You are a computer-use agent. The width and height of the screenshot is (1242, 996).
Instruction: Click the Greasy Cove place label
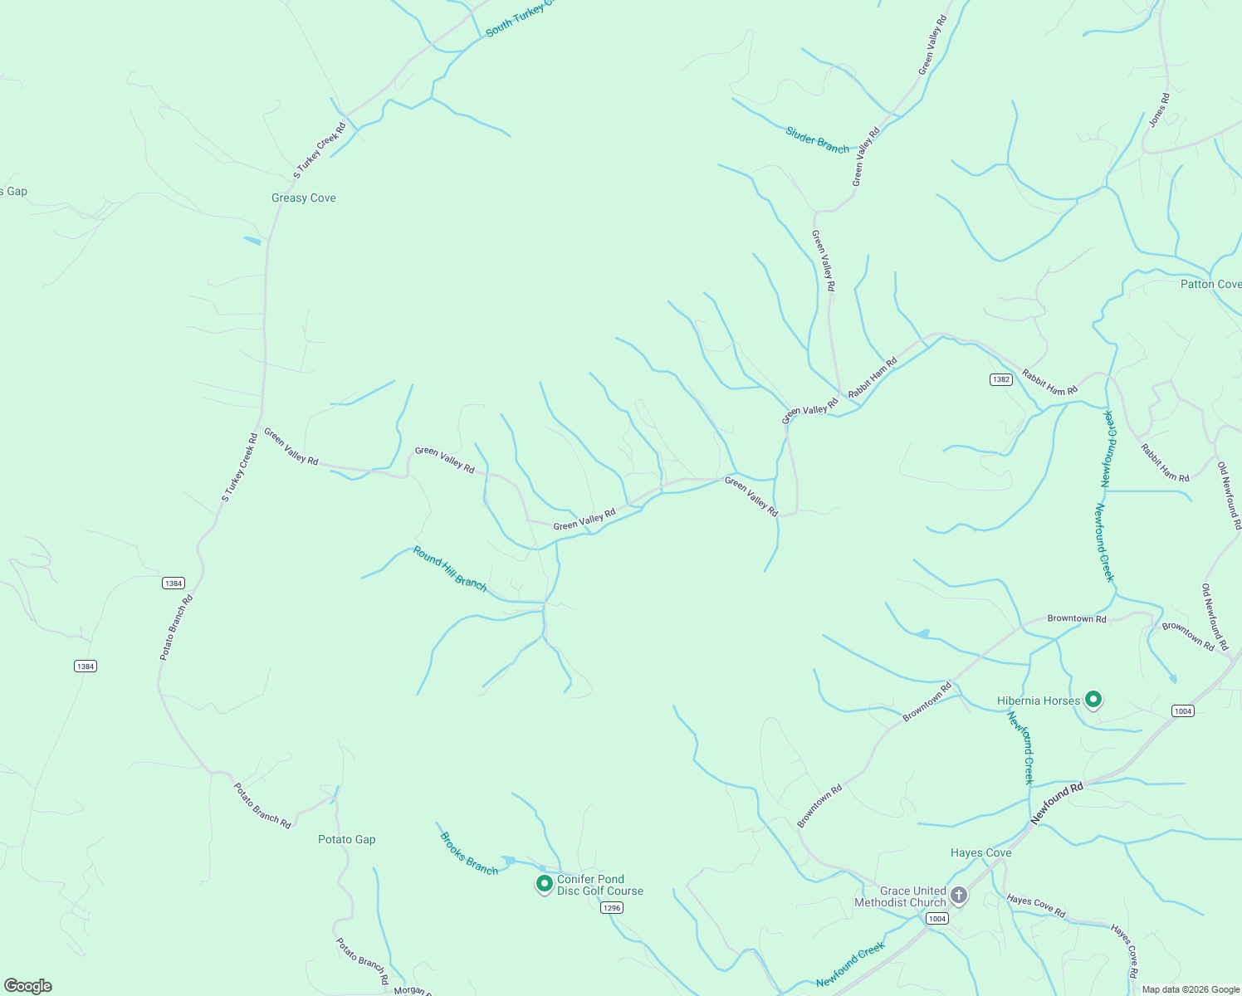click(x=304, y=198)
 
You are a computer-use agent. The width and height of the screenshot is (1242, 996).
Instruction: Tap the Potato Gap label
click(x=347, y=839)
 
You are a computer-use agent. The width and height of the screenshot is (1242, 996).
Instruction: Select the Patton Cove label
click(x=1210, y=284)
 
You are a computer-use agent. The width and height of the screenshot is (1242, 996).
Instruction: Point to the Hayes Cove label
click(x=980, y=852)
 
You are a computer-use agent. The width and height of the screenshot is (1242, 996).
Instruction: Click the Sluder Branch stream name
click(x=818, y=140)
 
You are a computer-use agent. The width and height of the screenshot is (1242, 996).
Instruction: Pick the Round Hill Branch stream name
click(x=450, y=569)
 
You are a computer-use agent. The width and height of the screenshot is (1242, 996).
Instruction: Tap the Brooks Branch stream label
click(x=469, y=853)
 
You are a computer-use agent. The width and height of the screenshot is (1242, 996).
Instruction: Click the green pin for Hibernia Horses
click(x=1093, y=700)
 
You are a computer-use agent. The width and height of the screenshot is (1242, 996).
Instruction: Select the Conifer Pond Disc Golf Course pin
click(x=544, y=884)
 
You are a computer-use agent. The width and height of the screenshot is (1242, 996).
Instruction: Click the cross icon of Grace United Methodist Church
click(x=959, y=896)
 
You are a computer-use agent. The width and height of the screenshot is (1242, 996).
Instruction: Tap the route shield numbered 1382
click(x=1000, y=379)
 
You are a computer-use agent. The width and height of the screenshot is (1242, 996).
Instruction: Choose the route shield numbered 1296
click(x=611, y=908)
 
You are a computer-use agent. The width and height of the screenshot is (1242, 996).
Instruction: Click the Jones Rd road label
click(x=1159, y=110)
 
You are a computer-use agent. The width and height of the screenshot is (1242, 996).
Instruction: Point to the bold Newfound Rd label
click(x=1057, y=803)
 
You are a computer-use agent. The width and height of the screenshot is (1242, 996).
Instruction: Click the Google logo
click(x=28, y=986)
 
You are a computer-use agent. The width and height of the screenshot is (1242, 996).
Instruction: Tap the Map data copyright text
click(x=1190, y=989)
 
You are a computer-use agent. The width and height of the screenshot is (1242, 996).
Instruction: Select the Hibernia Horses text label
click(x=1039, y=701)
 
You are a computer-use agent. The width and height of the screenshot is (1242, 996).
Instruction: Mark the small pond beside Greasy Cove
click(x=252, y=241)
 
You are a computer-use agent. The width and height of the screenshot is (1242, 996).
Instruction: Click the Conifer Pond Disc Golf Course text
click(x=600, y=885)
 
